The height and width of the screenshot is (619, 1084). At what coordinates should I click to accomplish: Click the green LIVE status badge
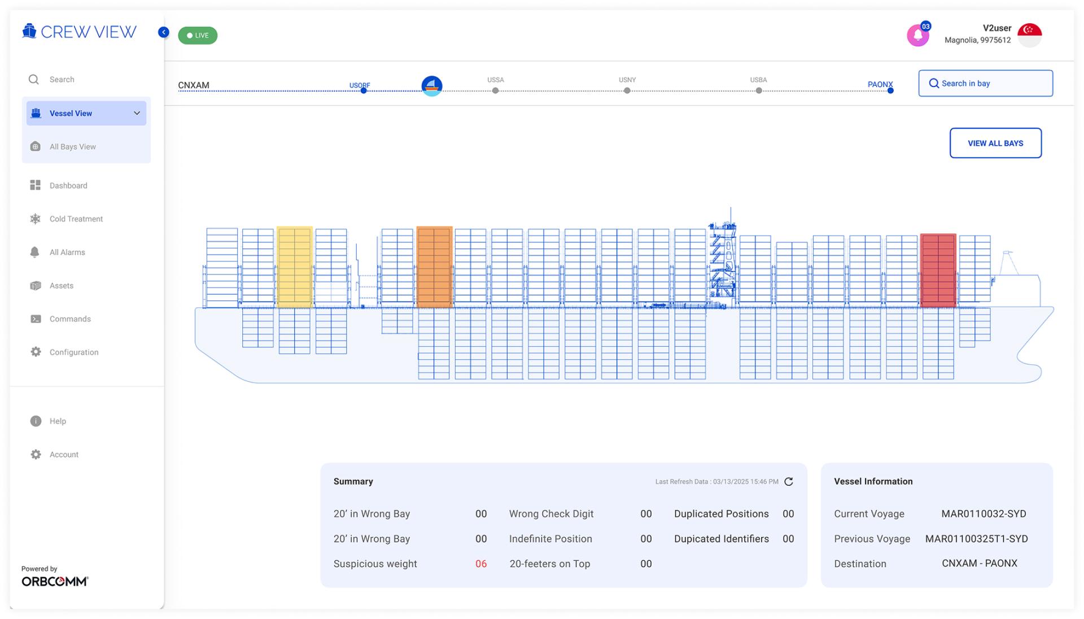pos(198,36)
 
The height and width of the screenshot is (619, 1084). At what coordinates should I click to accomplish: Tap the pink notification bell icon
pos(918,36)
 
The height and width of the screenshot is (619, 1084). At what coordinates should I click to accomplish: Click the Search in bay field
pos(985,84)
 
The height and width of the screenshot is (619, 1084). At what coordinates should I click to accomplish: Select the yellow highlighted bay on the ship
pos(294,267)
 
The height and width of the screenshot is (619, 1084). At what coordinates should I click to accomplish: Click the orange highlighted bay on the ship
pos(434,267)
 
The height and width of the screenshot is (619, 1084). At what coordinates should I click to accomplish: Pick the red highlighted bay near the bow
pos(938,270)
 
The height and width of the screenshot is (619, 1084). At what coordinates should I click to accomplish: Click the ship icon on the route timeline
pos(432,86)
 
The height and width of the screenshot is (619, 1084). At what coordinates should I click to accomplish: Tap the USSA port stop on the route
pos(495,90)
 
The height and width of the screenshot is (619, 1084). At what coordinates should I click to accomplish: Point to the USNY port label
pos(627,80)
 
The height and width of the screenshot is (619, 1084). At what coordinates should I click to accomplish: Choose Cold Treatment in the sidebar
pos(76,219)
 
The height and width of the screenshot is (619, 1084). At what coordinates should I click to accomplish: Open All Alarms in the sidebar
pos(67,252)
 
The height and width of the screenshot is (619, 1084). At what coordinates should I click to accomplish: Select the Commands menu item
pos(70,319)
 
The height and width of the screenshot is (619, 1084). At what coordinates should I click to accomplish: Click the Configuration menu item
pos(74,352)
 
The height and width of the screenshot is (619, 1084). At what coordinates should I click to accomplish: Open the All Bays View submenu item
pos(72,147)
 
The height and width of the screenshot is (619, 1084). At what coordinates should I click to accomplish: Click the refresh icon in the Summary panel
pos(789,482)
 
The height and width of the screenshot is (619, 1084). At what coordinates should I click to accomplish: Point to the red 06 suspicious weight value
pos(481,564)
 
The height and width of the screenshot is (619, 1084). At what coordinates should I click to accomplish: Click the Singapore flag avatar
pos(1029,36)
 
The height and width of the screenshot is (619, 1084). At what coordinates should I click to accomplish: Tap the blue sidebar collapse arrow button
pos(164,32)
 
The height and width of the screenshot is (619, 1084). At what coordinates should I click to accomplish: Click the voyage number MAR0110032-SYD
pos(984,514)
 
